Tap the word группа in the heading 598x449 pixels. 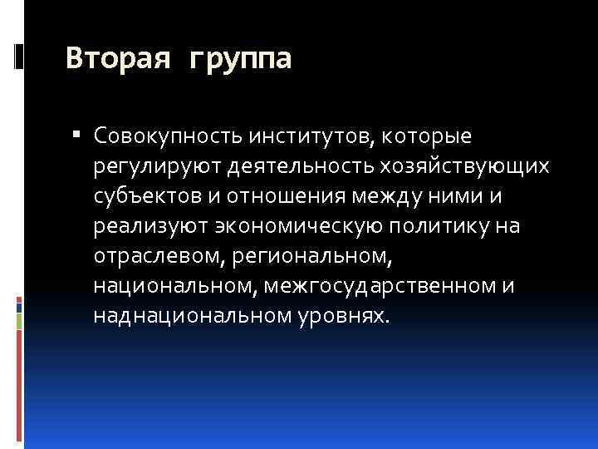pyautogui.click(x=240, y=61)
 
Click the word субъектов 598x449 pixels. pyautogui.click(x=145, y=195)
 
